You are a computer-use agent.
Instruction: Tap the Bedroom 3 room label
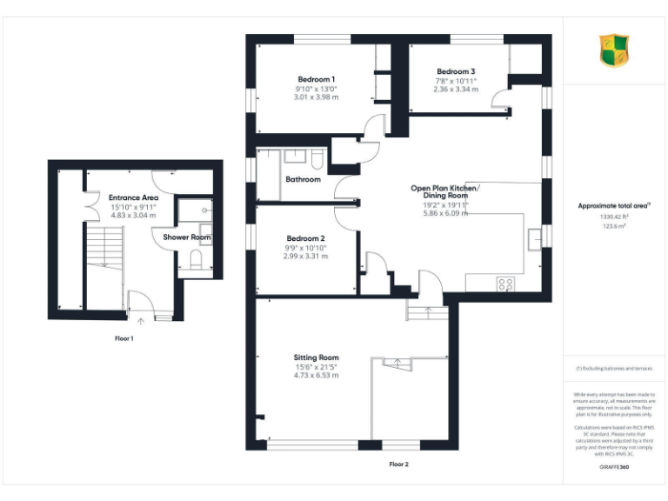tap(456, 71)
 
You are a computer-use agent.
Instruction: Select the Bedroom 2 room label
tap(304, 238)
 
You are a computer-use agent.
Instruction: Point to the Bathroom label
tap(303, 179)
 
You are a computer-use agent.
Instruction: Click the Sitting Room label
tap(316, 357)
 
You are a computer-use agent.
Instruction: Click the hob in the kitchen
tap(505, 284)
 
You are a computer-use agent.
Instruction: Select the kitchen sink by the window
tap(534, 234)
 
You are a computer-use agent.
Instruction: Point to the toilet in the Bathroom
tap(317, 159)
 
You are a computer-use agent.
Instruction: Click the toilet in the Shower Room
tap(197, 261)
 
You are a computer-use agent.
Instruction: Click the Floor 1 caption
tap(124, 338)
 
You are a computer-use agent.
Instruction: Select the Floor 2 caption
tap(398, 464)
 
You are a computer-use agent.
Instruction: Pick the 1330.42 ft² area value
tap(614, 216)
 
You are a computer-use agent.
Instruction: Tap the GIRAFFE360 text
tap(614, 468)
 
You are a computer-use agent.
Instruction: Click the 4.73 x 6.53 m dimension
tap(316, 376)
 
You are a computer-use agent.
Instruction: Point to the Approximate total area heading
tap(613, 205)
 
